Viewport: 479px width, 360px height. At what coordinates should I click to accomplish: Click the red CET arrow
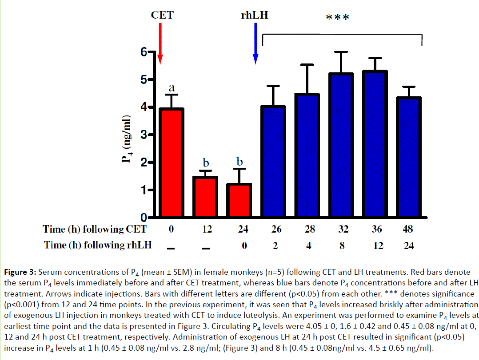coord(160,43)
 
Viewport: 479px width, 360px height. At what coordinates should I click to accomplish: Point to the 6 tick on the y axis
coord(144,52)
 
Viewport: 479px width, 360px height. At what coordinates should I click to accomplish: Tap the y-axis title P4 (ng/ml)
coord(127,139)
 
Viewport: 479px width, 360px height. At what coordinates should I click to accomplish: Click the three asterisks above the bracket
coord(337,18)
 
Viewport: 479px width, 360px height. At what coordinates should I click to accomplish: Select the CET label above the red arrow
coord(162,15)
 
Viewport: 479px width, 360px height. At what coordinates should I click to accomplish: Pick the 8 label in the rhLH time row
coord(342,245)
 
